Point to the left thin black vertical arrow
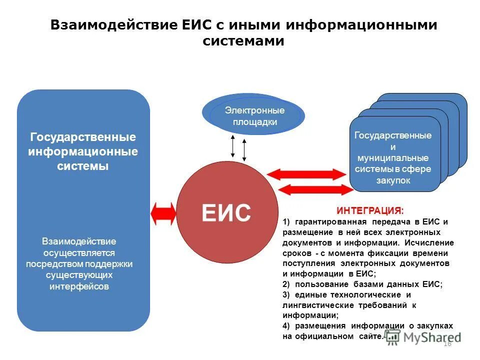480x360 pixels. click(233, 145)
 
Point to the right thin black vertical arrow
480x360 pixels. click(244, 149)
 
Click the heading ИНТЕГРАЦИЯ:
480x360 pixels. click(369, 211)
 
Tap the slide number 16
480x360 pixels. click(447, 343)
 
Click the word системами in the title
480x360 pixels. click(243, 41)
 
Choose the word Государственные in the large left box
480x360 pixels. click(83, 137)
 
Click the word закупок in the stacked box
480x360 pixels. click(393, 180)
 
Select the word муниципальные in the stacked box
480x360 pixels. click(393, 158)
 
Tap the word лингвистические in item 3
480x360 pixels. click(313, 305)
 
